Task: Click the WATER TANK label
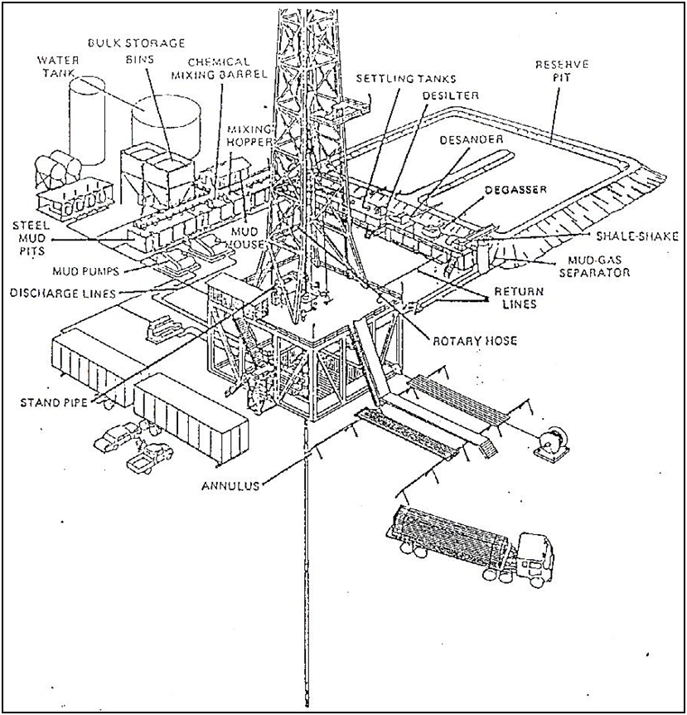point(58,67)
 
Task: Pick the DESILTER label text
point(452,95)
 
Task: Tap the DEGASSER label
point(518,190)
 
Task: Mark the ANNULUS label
point(230,486)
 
